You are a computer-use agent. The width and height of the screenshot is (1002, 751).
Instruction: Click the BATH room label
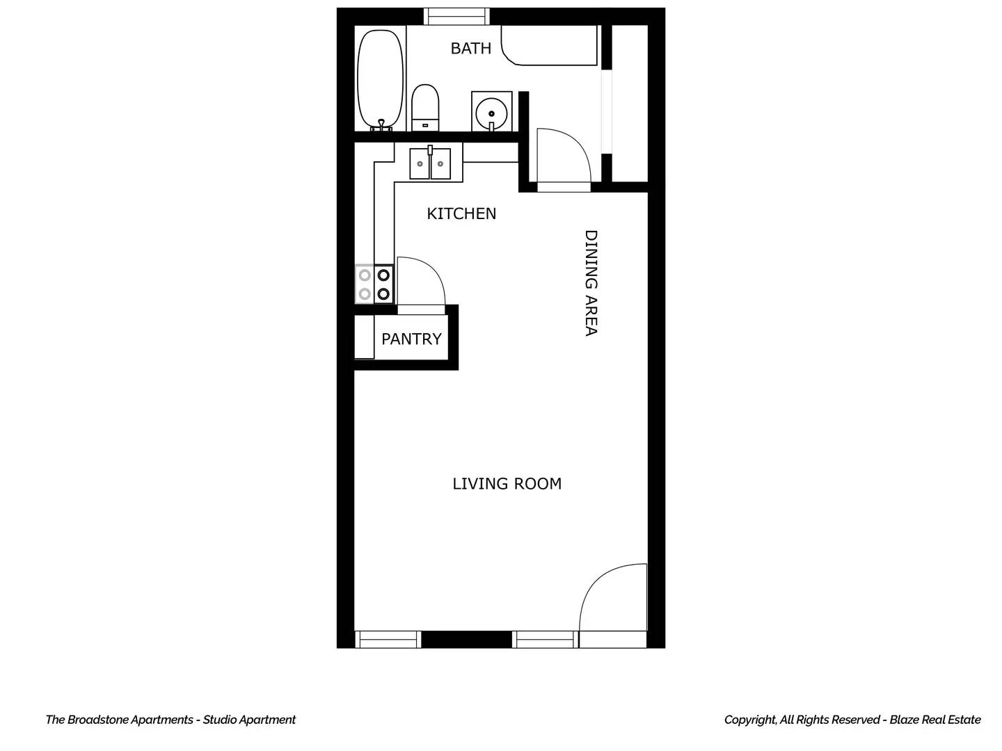[x=470, y=49]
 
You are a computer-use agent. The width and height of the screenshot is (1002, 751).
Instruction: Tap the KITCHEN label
[x=461, y=214]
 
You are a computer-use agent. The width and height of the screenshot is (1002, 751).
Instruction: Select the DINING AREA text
[x=591, y=283]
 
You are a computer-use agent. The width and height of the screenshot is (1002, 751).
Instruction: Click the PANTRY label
[x=411, y=339]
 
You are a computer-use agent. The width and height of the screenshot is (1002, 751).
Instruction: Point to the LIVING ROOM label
[x=507, y=484]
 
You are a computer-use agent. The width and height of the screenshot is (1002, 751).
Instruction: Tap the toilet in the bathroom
[x=425, y=108]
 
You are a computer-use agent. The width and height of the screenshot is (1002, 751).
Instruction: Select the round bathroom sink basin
[x=491, y=113]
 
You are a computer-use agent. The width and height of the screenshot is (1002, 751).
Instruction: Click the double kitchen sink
[x=430, y=163]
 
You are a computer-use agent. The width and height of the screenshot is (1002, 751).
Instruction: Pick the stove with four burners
[x=374, y=284]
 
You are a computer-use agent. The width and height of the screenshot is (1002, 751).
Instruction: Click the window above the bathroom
[x=456, y=17]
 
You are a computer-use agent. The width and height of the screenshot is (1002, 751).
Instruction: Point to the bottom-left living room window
[x=388, y=639]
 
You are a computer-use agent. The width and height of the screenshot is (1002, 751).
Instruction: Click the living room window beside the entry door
[x=545, y=639]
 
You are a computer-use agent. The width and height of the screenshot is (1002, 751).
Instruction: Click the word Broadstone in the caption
[x=99, y=720]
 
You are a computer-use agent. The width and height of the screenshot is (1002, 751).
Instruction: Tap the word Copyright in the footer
[x=750, y=720]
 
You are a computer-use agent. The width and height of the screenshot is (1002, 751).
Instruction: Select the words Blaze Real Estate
[x=935, y=720]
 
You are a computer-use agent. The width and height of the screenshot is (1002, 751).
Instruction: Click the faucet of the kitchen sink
[x=430, y=151]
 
